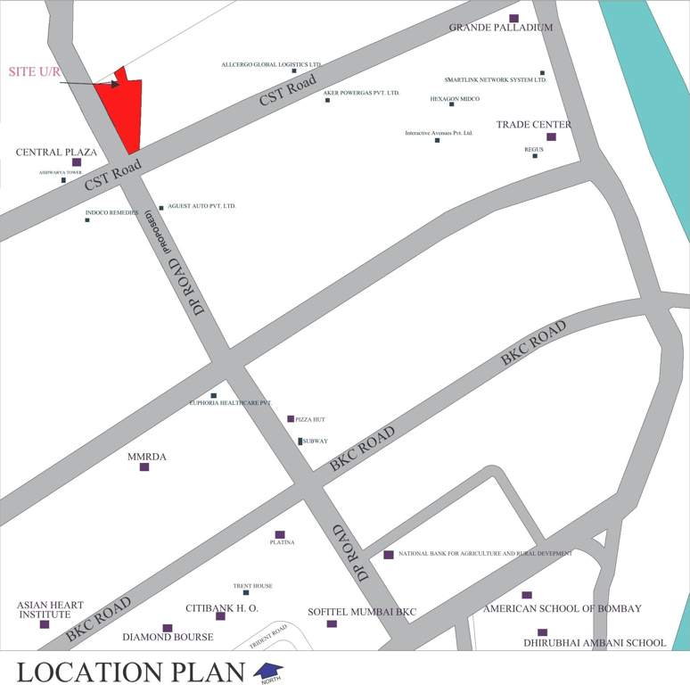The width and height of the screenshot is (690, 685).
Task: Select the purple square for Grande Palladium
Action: coord(513,18)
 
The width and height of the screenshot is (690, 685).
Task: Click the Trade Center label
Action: coord(533,125)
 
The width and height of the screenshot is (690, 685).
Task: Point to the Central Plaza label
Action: coord(56,153)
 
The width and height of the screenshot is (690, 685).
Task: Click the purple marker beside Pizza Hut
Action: coord(291,418)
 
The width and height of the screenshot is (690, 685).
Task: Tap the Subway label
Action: coord(316,442)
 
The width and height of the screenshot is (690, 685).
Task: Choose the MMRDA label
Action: coord(147,457)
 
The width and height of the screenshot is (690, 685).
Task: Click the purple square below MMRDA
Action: coord(144,466)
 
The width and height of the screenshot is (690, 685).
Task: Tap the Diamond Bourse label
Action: coord(168,638)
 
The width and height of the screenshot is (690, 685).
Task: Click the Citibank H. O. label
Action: coord(222,608)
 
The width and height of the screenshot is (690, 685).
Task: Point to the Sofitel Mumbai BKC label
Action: coord(362,612)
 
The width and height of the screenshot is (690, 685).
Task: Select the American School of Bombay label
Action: coord(563,609)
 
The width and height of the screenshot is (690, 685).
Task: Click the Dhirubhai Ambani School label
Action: coord(594,642)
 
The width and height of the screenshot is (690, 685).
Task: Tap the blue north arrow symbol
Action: coord(269,670)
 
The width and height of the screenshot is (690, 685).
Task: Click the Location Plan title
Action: coord(131,672)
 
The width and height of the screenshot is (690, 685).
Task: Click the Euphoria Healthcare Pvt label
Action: coord(230,403)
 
